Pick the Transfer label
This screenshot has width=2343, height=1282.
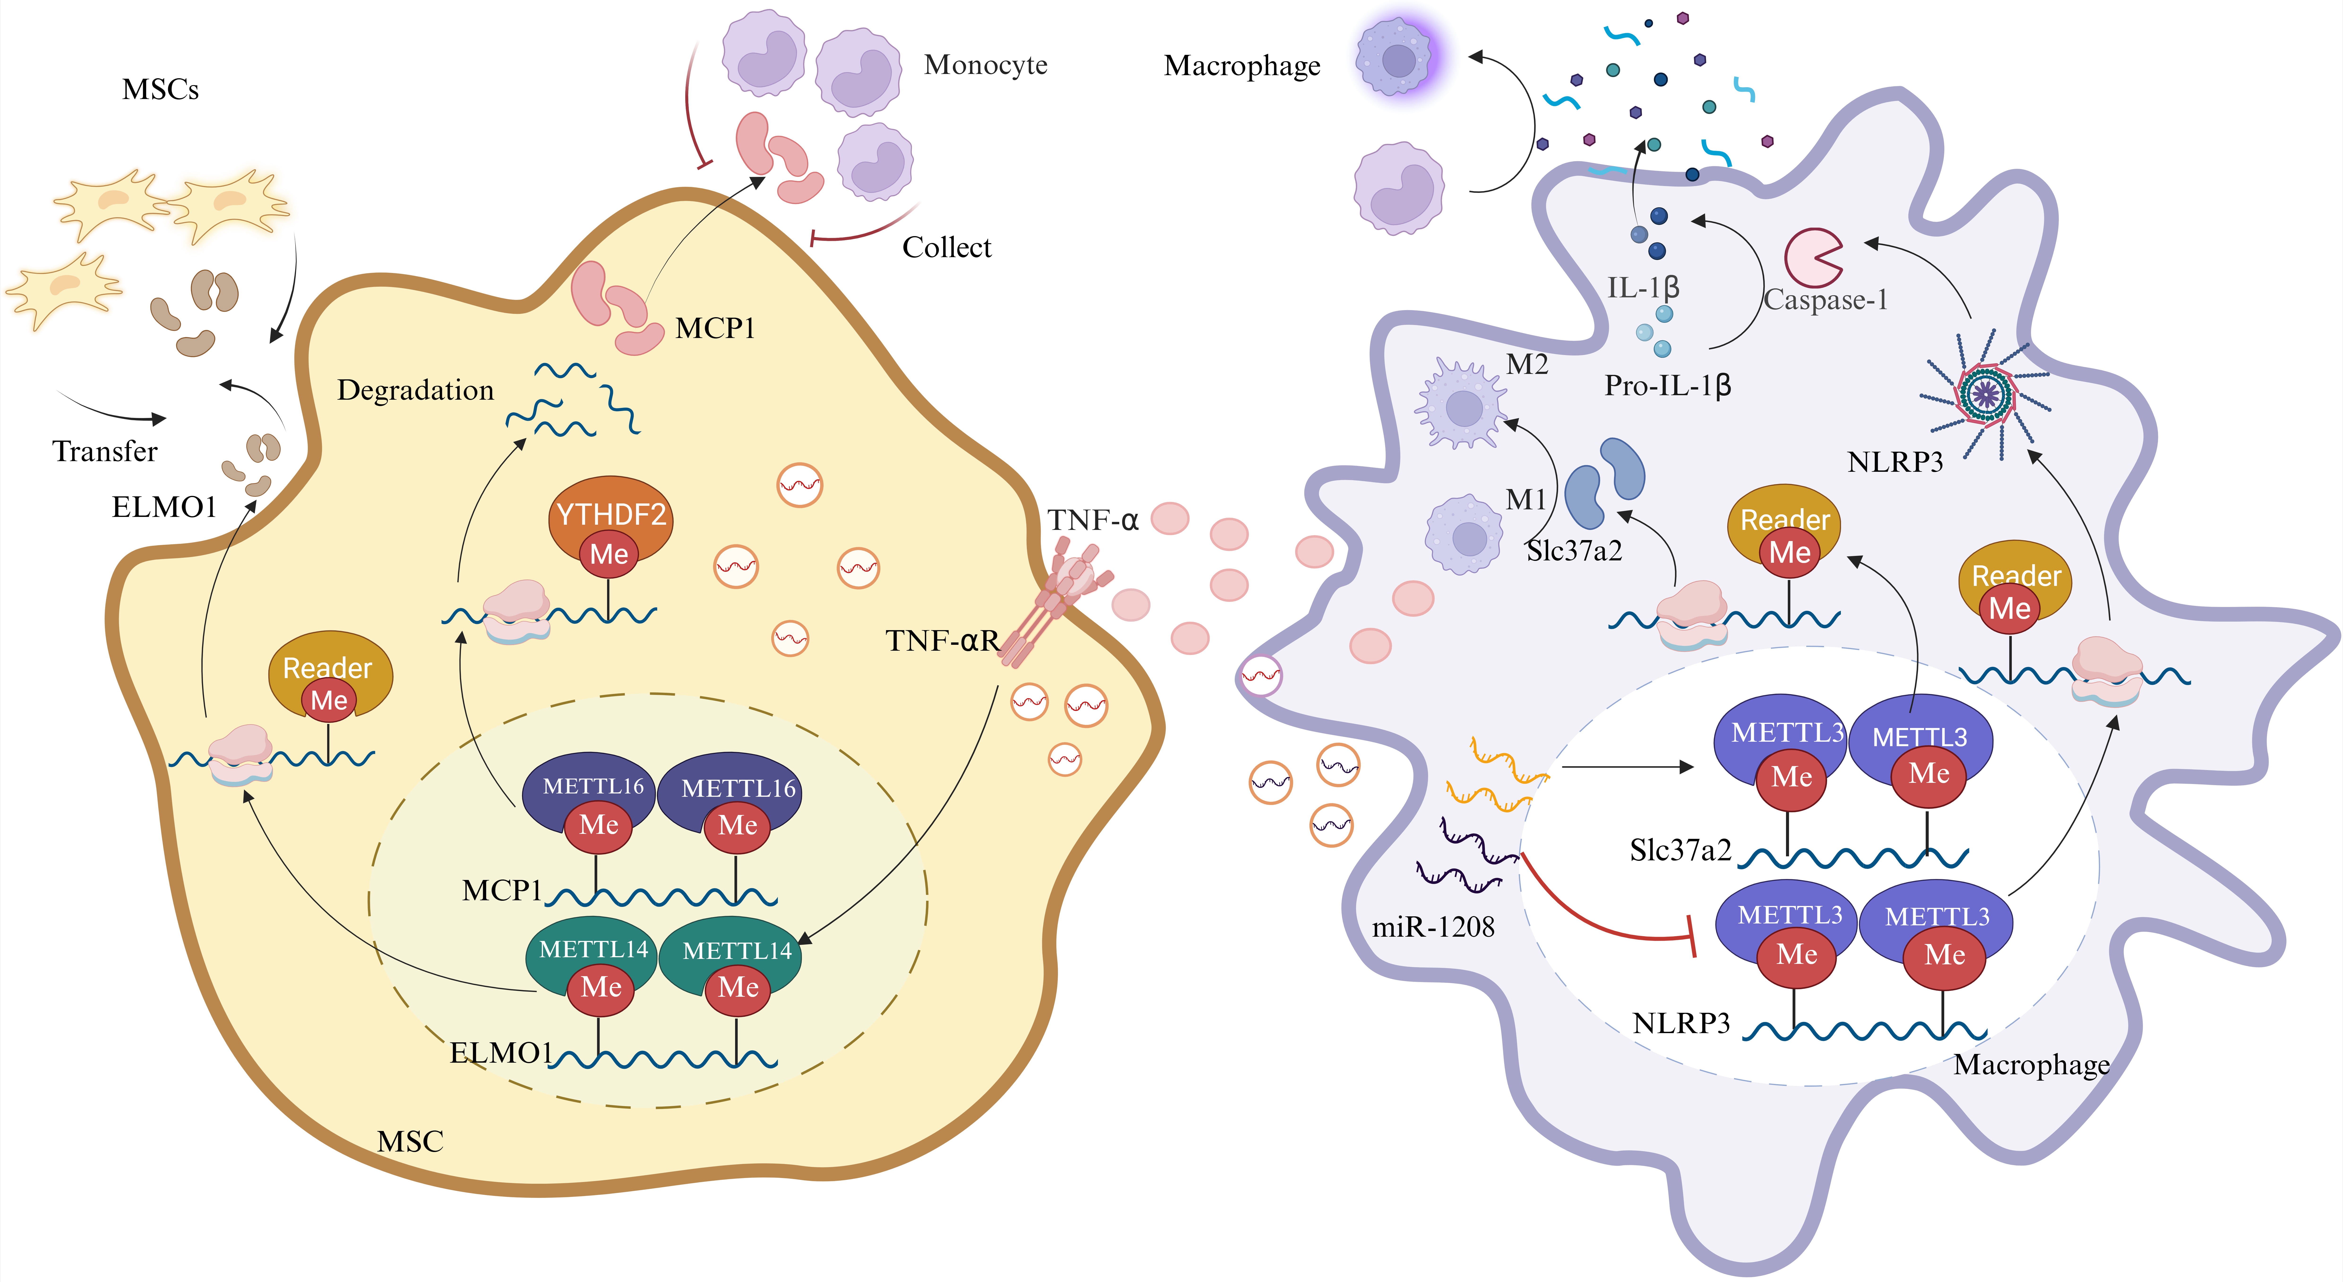[x=105, y=451]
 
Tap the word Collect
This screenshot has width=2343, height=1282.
[x=946, y=247]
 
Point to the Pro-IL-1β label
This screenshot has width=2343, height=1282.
[x=1667, y=386]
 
